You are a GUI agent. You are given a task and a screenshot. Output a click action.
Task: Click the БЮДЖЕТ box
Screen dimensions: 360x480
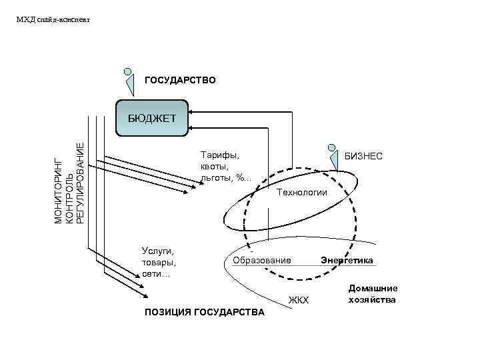click(152, 119)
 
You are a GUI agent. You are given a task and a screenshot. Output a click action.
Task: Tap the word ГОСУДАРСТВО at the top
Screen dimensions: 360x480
click(180, 80)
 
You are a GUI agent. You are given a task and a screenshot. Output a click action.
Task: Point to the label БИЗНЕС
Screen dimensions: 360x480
click(363, 155)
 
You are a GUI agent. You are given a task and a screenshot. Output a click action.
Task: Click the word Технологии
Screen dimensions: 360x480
click(301, 192)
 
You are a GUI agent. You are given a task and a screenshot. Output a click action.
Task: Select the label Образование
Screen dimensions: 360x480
click(261, 259)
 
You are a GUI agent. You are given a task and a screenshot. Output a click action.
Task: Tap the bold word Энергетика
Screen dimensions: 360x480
click(347, 259)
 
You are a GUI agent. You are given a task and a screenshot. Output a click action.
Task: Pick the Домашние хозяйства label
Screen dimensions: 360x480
click(373, 294)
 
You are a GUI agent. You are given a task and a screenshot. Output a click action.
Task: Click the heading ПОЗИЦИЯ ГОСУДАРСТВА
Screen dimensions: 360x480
click(204, 312)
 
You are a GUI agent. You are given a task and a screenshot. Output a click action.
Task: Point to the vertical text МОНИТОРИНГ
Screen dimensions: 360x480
click(58, 189)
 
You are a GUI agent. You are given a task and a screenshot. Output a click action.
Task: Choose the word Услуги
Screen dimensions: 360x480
click(158, 251)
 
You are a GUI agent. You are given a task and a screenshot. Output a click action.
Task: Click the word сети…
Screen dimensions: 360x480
click(156, 274)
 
